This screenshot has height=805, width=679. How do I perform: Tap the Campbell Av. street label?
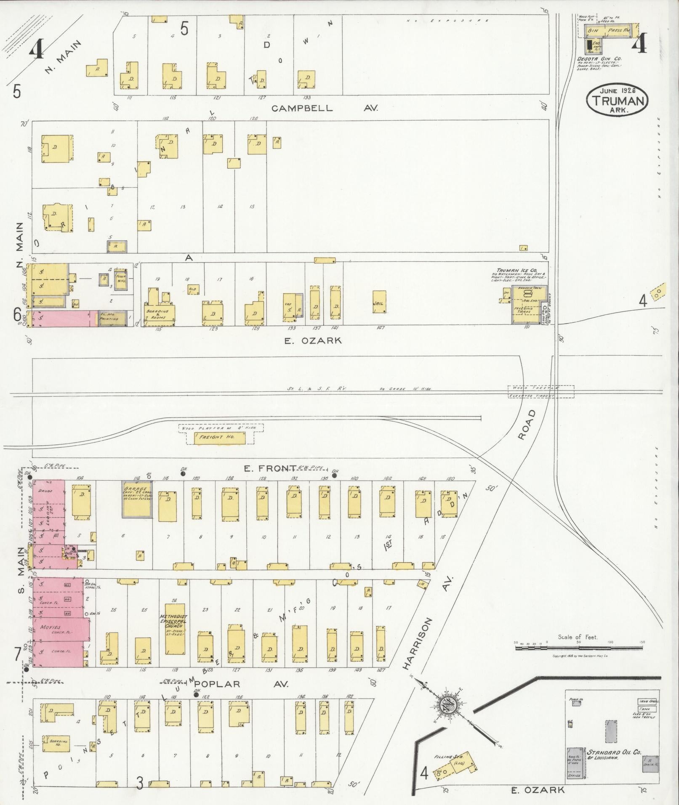pyautogui.click(x=325, y=108)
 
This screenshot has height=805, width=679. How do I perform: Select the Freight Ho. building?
pyautogui.click(x=219, y=438)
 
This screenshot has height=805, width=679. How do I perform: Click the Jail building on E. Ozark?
pyautogui.click(x=379, y=302)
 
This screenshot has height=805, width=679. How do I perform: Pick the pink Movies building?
pyautogui.click(x=61, y=629)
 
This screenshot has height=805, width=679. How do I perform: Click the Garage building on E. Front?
pyautogui.click(x=137, y=499)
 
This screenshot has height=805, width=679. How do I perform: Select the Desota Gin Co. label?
pyautogui.click(x=599, y=59)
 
